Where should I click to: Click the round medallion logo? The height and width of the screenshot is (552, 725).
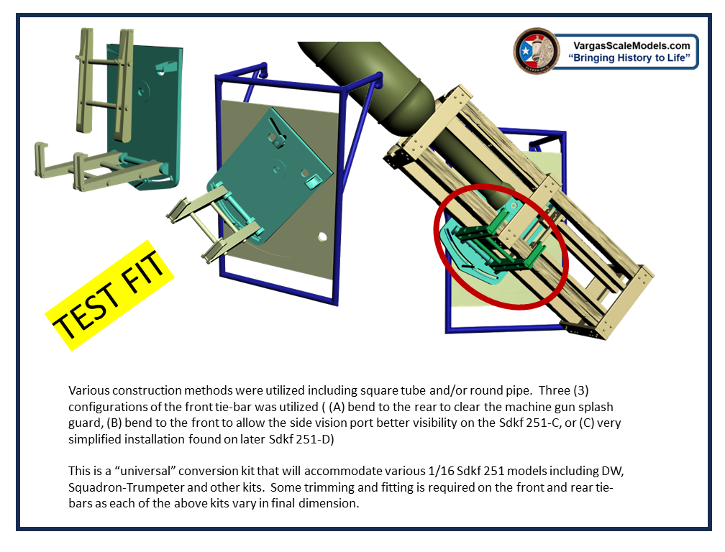pos(537,51)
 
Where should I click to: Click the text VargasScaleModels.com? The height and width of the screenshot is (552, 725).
pos(631,45)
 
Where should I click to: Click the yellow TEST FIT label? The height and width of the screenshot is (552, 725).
pos(109,295)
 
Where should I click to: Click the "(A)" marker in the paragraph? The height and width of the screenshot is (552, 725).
pos(337,407)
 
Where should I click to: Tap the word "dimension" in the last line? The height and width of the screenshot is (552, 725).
pos(327,504)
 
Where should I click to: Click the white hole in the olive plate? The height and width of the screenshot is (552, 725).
pos(322,237)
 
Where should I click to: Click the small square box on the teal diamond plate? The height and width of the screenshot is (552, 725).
pos(313,181)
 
